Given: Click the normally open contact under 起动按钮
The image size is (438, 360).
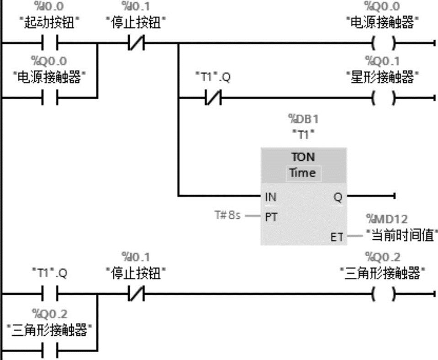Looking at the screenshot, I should [x=50, y=44].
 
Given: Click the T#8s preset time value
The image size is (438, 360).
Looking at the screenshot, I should [x=227, y=215].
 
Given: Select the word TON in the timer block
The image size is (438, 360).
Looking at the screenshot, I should [x=303, y=157].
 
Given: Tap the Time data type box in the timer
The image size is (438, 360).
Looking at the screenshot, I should [x=303, y=173].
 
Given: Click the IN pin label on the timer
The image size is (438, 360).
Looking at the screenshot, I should [x=270, y=197].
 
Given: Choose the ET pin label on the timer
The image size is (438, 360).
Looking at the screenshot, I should [x=337, y=237].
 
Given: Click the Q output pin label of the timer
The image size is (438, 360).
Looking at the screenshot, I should [x=338, y=197].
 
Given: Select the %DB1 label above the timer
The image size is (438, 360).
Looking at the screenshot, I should [x=303, y=120].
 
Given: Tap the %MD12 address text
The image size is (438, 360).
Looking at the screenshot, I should [x=387, y=220].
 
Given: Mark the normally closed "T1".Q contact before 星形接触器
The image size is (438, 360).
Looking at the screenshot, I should [x=213, y=97].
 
